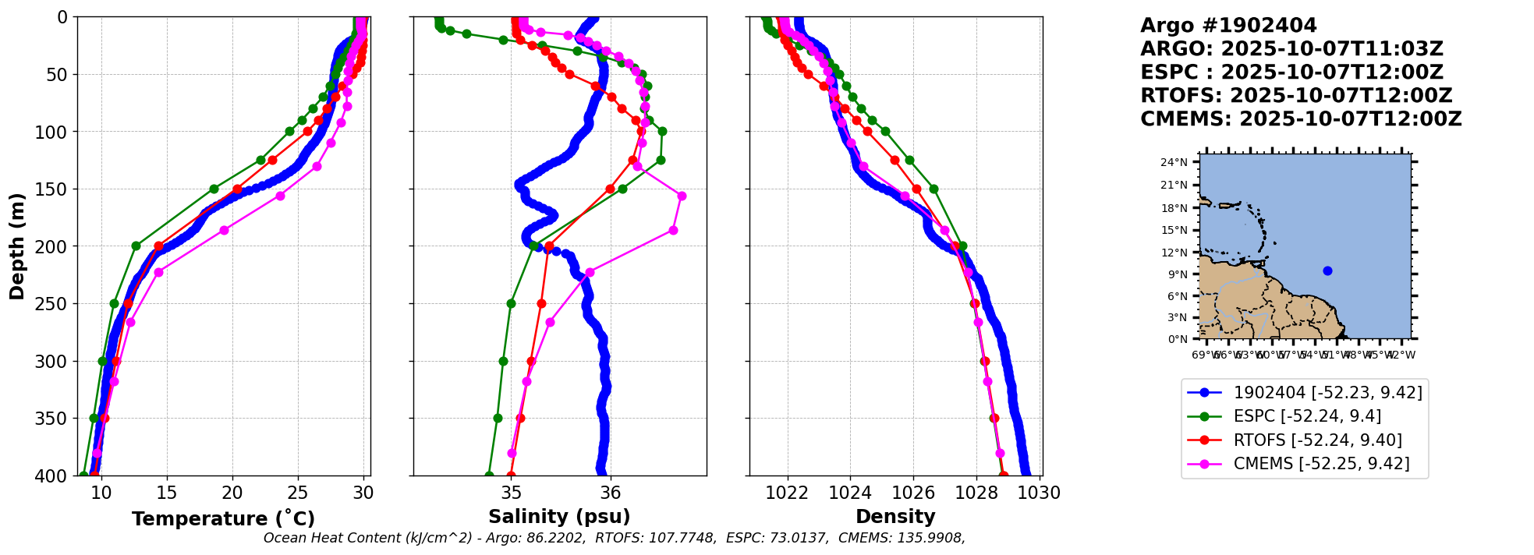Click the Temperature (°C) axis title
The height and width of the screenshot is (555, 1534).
pyautogui.click(x=223, y=519)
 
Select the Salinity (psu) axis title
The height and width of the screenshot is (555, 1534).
pyautogui.click(x=559, y=517)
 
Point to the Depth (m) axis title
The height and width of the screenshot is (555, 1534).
pyautogui.click(x=17, y=246)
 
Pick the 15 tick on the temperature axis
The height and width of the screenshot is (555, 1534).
pyautogui.click(x=167, y=493)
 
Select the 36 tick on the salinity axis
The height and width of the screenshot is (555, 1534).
pyautogui.click(x=611, y=493)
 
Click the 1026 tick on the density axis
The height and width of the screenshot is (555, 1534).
pyautogui.click(x=913, y=493)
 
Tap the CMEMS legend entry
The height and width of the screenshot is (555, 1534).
pyautogui.click(x=1321, y=464)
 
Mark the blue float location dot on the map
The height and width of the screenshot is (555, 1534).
pyautogui.click(x=1327, y=271)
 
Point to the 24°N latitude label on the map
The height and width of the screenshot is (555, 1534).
pyautogui.click(x=1174, y=162)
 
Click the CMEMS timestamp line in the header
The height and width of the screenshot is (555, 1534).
pyautogui.click(x=1301, y=119)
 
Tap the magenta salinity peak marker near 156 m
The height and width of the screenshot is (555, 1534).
pyautogui.click(x=682, y=196)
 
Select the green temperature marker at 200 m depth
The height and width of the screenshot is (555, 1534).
pyautogui.click(x=136, y=246)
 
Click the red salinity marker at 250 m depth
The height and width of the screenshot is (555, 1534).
pyautogui.click(x=541, y=303)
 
